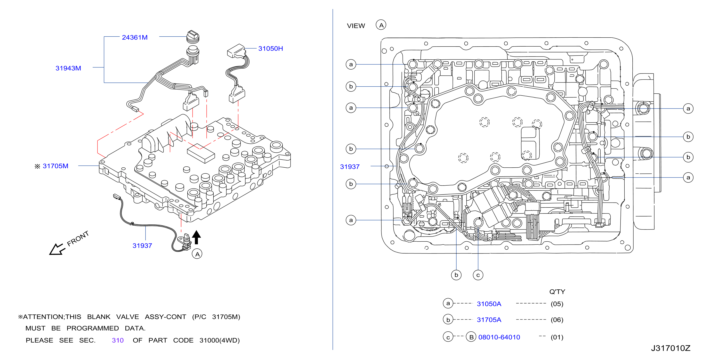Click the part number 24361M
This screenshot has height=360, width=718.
(x=135, y=37)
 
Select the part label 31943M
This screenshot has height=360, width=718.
(x=68, y=68)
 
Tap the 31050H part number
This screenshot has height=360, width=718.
(x=270, y=49)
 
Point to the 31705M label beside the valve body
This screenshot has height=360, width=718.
(x=56, y=166)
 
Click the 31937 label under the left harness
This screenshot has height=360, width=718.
(x=142, y=246)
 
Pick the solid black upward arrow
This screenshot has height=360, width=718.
(x=196, y=237)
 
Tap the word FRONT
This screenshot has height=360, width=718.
(x=78, y=238)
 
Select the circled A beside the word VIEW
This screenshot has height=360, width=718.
(x=381, y=25)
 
